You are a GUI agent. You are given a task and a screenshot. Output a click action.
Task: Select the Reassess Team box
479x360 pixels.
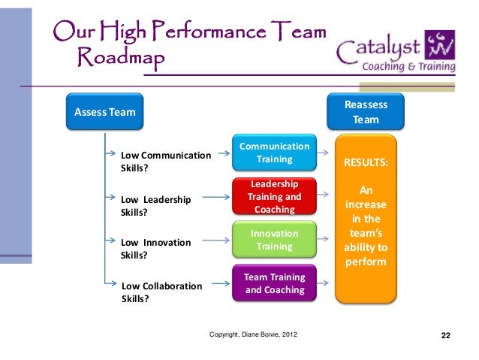click(366, 113)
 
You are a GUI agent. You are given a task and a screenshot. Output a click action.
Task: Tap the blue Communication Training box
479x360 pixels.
click(273, 153)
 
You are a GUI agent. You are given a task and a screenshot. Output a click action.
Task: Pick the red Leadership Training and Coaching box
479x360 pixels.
click(273, 197)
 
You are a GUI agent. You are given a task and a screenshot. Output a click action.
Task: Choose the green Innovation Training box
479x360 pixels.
click(273, 241)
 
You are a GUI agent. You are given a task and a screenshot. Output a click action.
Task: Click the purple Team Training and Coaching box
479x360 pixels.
click(273, 283)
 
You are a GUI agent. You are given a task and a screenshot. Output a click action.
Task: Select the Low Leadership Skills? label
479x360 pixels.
click(155, 206)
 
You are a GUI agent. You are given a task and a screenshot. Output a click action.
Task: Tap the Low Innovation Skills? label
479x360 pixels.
click(155, 249)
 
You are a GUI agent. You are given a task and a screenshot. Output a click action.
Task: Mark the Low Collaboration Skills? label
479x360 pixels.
click(161, 292)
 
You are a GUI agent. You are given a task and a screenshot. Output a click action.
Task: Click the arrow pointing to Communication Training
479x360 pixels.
click(217, 156)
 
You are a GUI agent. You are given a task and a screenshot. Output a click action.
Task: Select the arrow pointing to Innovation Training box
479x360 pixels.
click(217, 242)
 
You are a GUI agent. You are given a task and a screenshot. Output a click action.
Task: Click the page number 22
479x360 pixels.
click(445, 334)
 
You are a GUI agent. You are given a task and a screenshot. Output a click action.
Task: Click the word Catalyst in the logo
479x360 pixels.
click(378, 51)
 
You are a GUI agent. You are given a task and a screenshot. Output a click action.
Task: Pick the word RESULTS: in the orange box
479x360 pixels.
click(366, 162)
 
